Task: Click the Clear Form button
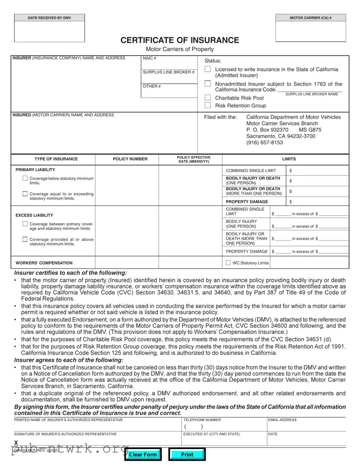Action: click(x=143, y=454)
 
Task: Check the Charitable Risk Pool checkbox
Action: click(x=208, y=98)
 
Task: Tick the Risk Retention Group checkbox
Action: click(x=208, y=105)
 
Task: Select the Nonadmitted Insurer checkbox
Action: click(x=208, y=84)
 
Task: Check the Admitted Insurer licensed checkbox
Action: click(x=208, y=69)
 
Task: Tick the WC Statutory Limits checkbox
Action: click(x=228, y=263)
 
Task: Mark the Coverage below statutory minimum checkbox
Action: click(x=25, y=178)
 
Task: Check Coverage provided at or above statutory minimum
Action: click(x=25, y=239)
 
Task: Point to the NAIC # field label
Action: click(x=149, y=58)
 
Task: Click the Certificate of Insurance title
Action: click(x=180, y=40)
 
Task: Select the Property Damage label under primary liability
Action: click(x=247, y=202)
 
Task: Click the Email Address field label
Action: click(x=282, y=420)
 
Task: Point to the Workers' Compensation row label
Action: click(x=44, y=263)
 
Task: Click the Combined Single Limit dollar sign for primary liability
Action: click(x=290, y=171)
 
